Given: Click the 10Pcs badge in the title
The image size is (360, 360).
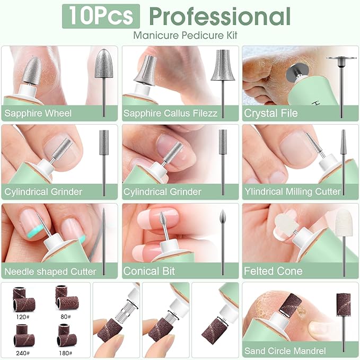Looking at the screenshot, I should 101,16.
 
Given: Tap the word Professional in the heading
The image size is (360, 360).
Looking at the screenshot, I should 219,16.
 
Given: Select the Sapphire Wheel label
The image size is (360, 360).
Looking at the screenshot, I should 38,113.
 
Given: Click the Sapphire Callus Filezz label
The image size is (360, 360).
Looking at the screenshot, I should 170,113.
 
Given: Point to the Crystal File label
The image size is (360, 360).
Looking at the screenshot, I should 271,113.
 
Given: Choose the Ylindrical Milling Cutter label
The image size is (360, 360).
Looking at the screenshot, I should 292,191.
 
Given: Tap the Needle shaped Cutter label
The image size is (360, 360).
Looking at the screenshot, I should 50,271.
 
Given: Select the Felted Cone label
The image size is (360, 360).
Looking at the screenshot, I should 273,271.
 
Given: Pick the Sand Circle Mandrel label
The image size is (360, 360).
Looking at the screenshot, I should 285,350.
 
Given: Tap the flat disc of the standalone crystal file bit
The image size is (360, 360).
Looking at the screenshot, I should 341,58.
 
